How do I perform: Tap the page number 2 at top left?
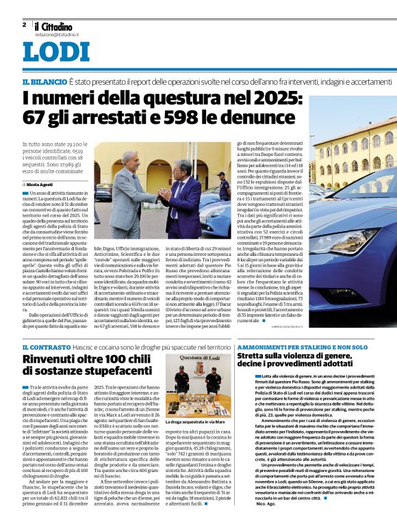(25, 25)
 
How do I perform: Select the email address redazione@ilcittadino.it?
(57, 34)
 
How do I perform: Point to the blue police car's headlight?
(356, 240)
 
